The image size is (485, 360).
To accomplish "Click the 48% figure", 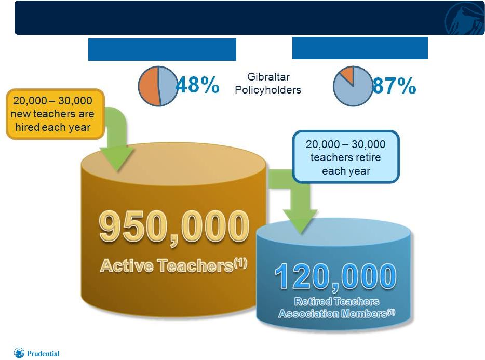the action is (x=197, y=85).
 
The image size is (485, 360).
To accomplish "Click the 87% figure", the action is (x=394, y=85).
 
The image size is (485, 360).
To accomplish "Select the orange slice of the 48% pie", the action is (x=149, y=86).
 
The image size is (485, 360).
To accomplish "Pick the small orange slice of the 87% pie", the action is (x=348, y=74).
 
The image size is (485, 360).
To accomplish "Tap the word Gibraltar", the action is (x=268, y=77).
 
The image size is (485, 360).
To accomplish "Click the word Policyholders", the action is (x=268, y=90).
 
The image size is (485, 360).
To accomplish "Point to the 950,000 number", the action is (x=174, y=228).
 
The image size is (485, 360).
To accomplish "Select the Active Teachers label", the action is (x=173, y=265).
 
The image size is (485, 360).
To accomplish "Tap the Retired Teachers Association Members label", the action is (x=336, y=308).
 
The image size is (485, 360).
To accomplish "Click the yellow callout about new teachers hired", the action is (x=55, y=114).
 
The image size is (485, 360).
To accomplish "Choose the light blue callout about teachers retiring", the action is (x=346, y=157).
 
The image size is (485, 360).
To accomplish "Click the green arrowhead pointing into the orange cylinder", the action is (x=117, y=158).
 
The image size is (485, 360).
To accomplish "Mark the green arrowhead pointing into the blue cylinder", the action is (x=300, y=221).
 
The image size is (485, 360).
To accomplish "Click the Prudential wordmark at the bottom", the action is (x=43, y=353).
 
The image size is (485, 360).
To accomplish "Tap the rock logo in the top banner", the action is (x=465, y=19).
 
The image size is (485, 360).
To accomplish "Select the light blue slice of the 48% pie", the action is (x=167, y=86).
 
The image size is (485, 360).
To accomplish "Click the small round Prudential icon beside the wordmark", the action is (x=19, y=353).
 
